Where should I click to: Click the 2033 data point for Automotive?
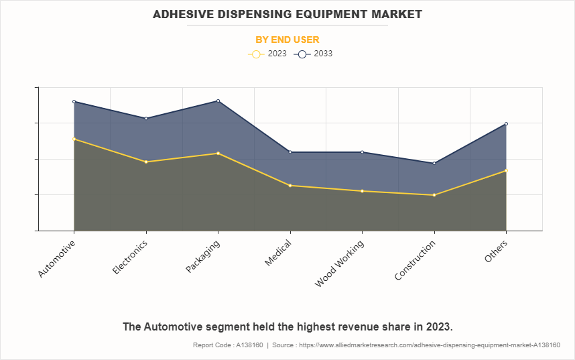point(74,101)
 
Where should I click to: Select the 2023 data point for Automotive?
point(74,139)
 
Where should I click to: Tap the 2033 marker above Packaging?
point(218,101)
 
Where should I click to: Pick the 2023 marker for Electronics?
point(146,162)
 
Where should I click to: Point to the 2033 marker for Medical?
point(290,152)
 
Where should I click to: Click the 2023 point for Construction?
point(434,195)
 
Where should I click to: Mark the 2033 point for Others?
point(506,123)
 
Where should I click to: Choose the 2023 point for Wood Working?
point(362,191)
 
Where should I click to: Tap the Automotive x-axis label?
point(56,259)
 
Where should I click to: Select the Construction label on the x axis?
point(415,261)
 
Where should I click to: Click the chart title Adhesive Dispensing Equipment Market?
point(287,13)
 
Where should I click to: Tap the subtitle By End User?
point(287,40)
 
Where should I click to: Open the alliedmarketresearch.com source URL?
point(428,345)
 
